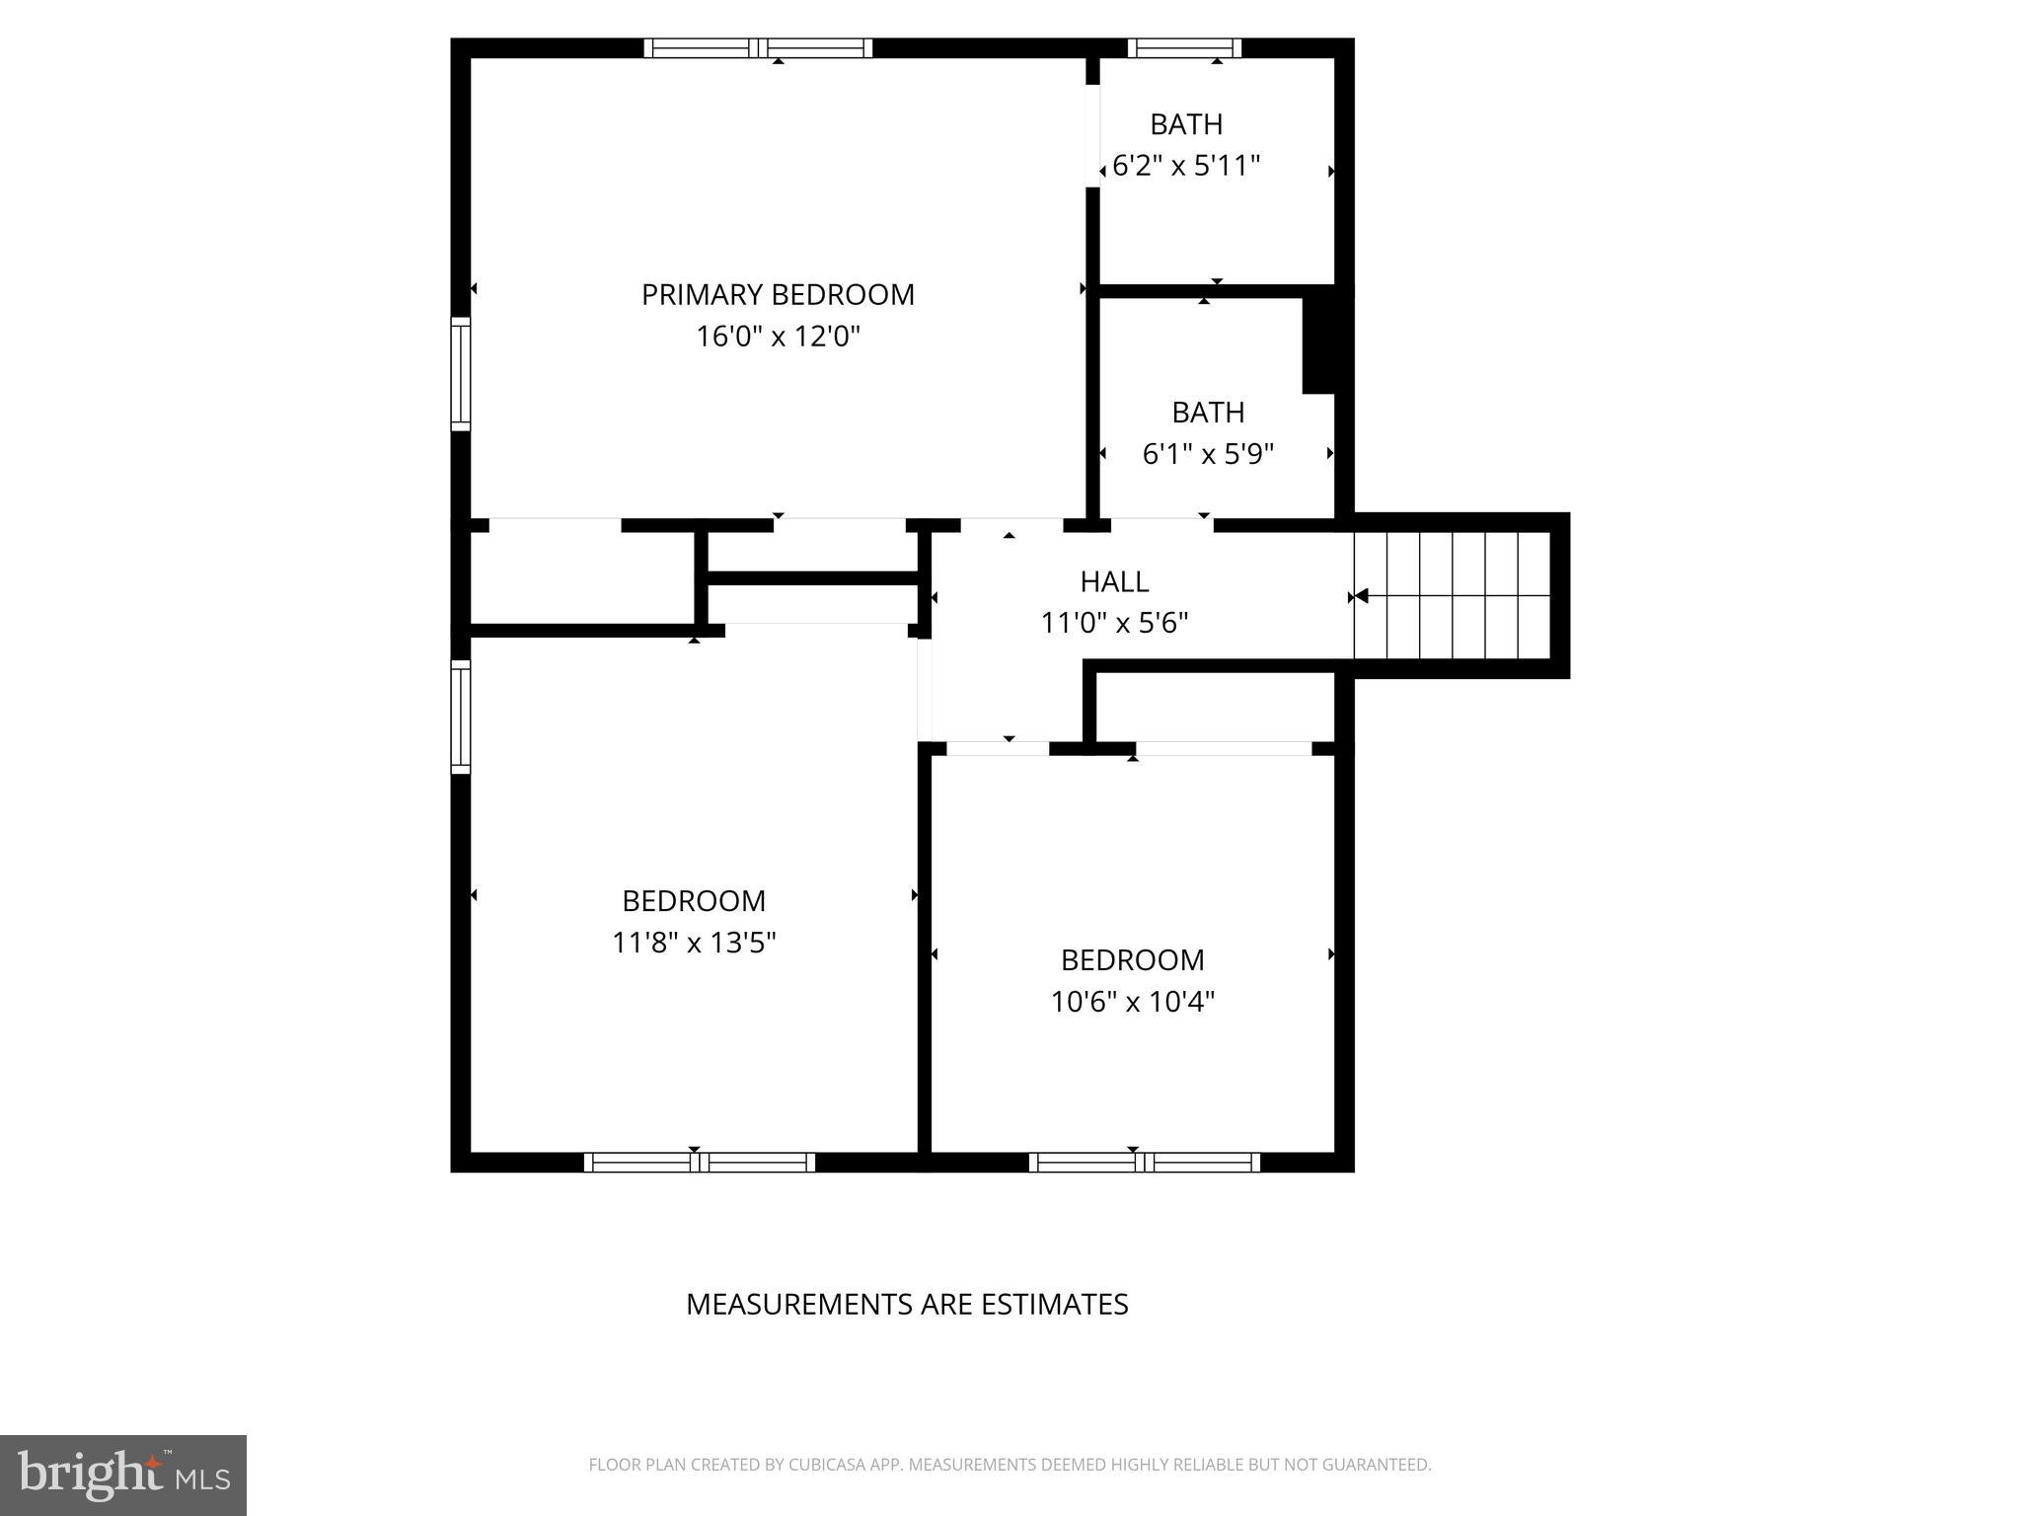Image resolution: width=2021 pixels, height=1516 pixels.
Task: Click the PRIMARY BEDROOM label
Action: pos(778,294)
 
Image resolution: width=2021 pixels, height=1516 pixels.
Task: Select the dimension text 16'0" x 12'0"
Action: pos(778,337)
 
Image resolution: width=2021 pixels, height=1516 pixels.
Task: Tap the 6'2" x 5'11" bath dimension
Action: pos(1186,165)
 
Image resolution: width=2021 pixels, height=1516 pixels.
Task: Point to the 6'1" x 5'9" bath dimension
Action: pos(1208,454)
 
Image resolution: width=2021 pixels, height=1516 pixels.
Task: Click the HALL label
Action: pos(1114,581)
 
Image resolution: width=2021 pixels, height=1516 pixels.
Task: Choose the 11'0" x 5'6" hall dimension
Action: pos(1114,623)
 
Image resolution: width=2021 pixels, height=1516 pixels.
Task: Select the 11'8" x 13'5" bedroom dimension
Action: pos(694,943)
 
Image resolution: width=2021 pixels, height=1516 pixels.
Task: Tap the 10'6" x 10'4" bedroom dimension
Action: pos(1132,1002)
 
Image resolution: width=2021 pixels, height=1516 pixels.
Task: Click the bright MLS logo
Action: pos(123,1475)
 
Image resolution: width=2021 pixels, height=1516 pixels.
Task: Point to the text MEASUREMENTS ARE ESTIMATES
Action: pos(907,1305)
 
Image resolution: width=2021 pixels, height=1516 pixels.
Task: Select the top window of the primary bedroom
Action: pos(758,48)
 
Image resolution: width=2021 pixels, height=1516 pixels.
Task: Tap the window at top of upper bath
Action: pos(1184,48)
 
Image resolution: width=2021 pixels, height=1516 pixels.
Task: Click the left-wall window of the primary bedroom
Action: pos(461,373)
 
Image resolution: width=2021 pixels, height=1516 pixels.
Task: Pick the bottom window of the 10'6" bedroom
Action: pos(1145,1162)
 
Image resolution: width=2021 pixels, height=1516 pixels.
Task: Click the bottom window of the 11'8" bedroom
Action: pos(699,1162)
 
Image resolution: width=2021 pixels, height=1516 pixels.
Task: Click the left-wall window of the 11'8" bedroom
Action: pos(461,716)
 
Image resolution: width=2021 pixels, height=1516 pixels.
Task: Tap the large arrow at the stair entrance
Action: pos(1360,596)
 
